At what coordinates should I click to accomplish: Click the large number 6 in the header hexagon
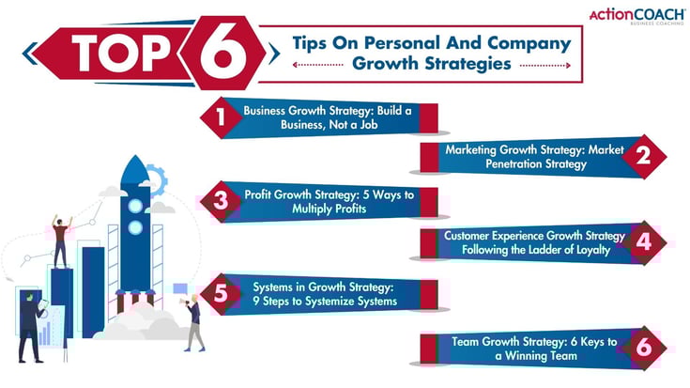point(223,54)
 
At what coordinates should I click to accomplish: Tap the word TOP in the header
point(119,54)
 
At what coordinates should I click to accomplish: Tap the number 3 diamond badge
point(220,200)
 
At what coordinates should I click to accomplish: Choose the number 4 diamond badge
point(643,241)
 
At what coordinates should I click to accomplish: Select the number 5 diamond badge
point(220,294)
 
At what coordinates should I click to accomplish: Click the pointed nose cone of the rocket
point(135,169)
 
